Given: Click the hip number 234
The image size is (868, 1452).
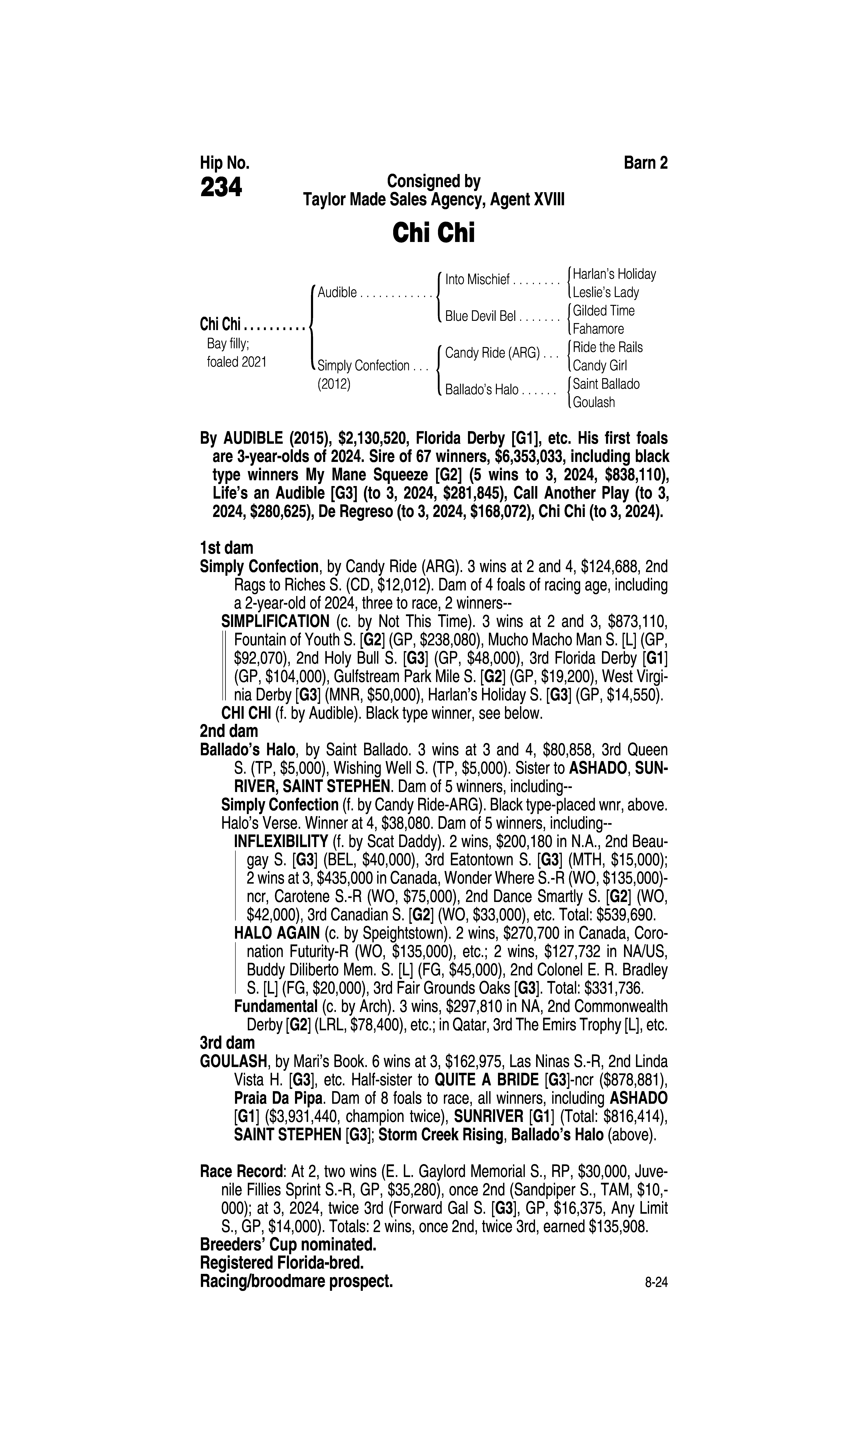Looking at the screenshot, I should [x=221, y=188].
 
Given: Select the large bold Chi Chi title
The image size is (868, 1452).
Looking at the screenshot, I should [x=433, y=233].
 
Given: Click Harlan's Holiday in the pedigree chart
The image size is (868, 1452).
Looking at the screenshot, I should [x=614, y=274].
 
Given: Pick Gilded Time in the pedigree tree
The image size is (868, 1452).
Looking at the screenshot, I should [x=604, y=311].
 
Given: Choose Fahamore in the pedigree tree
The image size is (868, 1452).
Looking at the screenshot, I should [x=598, y=329].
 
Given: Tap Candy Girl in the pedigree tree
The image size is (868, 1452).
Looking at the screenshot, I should [x=599, y=366].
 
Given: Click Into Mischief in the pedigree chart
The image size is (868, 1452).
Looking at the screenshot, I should [x=477, y=280].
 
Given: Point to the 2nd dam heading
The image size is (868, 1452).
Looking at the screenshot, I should [x=229, y=731].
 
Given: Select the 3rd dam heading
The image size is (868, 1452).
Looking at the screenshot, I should [x=228, y=1042].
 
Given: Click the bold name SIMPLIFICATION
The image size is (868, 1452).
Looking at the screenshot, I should [x=276, y=621].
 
